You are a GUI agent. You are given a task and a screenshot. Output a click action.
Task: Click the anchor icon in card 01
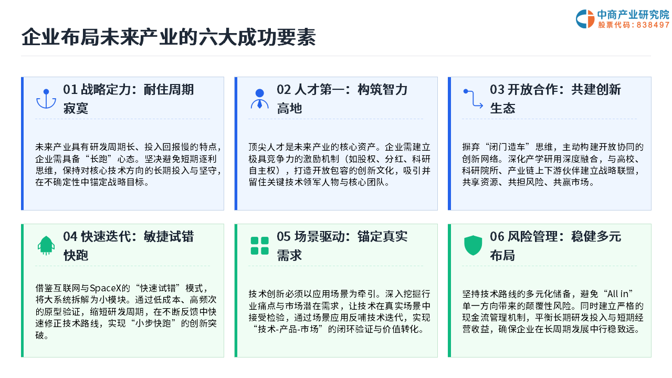46,99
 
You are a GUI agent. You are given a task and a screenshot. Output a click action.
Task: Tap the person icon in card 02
259,99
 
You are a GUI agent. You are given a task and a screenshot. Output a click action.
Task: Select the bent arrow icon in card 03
473,98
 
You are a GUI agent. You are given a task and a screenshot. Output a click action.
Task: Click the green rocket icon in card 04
46,245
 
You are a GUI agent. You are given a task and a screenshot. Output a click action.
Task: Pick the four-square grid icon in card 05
259,246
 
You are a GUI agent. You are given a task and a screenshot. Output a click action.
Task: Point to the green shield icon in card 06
473,245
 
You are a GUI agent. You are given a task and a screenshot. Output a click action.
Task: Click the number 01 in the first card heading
70,89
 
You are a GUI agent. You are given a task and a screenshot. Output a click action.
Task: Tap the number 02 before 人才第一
283,89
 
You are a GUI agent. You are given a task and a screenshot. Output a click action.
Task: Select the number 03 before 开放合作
497,89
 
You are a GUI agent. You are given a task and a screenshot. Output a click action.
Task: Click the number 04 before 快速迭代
70,236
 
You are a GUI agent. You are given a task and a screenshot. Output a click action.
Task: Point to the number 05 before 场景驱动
283,236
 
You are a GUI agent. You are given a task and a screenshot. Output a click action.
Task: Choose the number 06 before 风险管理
497,236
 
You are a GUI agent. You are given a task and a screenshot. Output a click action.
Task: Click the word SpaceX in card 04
106,288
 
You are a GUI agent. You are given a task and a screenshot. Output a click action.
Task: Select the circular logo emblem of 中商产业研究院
585,19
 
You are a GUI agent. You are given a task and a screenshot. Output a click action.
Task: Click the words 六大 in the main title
217,37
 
